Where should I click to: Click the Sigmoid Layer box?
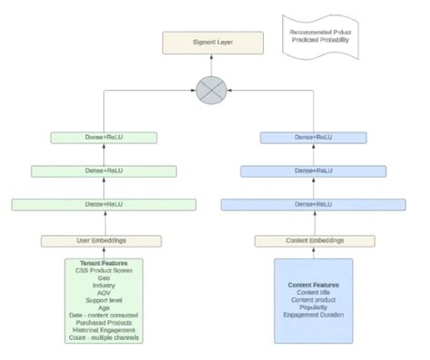pyautogui.click(x=213, y=42)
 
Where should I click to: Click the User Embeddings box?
pyautogui.click(x=102, y=240)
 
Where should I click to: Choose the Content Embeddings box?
pyautogui.click(x=313, y=240)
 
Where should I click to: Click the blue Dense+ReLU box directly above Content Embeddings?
pyautogui.click(x=313, y=204)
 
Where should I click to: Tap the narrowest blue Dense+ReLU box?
pyautogui.click(x=313, y=137)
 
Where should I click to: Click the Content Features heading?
pyautogui.click(x=313, y=284)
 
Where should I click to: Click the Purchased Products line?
pyautogui.click(x=102, y=322)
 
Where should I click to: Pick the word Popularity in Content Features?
pyautogui.click(x=313, y=307)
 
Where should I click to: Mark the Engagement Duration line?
pyautogui.click(x=313, y=316)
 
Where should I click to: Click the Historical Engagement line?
pyautogui.click(x=102, y=330)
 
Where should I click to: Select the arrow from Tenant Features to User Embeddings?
pyautogui.click(x=102, y=252)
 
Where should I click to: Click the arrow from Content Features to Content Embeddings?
pyautogui.click(x=313, y=252)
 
